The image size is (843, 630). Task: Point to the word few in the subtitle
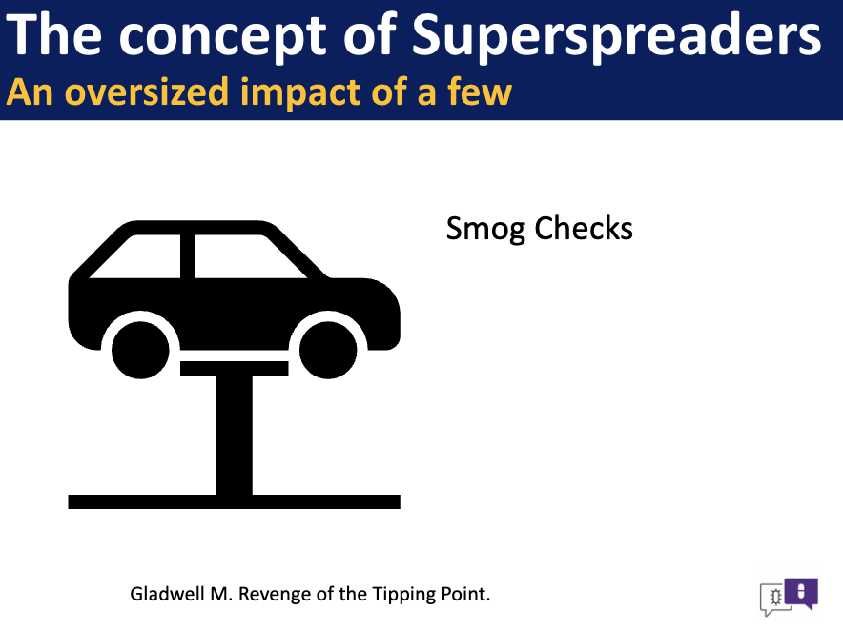pyautogui.click(x=479, y=91)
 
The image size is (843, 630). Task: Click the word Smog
pyautogui.click(x=485, y=229)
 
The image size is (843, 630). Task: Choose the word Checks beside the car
pyautogui.click(x=584, y=228)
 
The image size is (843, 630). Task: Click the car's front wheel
pyautogui.click(x=328, y=350)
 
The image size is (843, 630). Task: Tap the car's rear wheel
pyautogui.click(x=140, y=350)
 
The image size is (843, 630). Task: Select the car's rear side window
pyautogui.click(x=140, y=258)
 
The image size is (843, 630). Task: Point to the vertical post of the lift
pyautogui.click(x=235, y=435)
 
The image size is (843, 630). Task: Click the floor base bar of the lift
pyautogui.click(x=234, y=501)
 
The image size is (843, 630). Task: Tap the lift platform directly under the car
pyautogui.click(x=234, y=368)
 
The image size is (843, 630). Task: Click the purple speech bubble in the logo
pyautogui.click(x=801, y=593)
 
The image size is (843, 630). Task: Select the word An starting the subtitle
pyautogui.click(x=30, y=91)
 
